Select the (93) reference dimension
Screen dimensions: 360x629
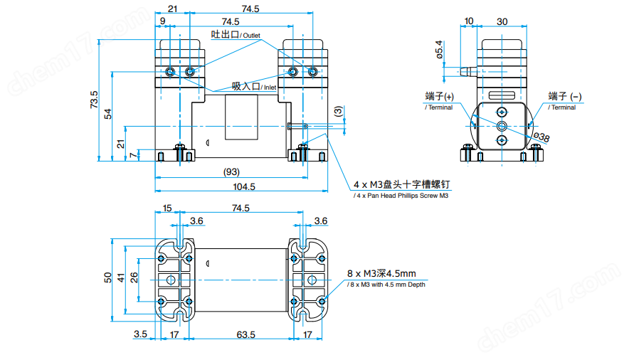click(231, 171)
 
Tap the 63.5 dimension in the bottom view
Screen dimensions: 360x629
click(246, 333)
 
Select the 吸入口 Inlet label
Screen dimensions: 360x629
click(253, 86)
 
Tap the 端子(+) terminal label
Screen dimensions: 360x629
click(439, 97)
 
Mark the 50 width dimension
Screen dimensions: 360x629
click(107, 277)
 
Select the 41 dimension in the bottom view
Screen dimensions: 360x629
click(121, 277)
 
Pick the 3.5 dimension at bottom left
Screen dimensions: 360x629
click(139, 333)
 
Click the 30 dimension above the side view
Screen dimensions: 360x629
click(502, 22)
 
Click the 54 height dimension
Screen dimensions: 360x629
click(108, 114)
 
